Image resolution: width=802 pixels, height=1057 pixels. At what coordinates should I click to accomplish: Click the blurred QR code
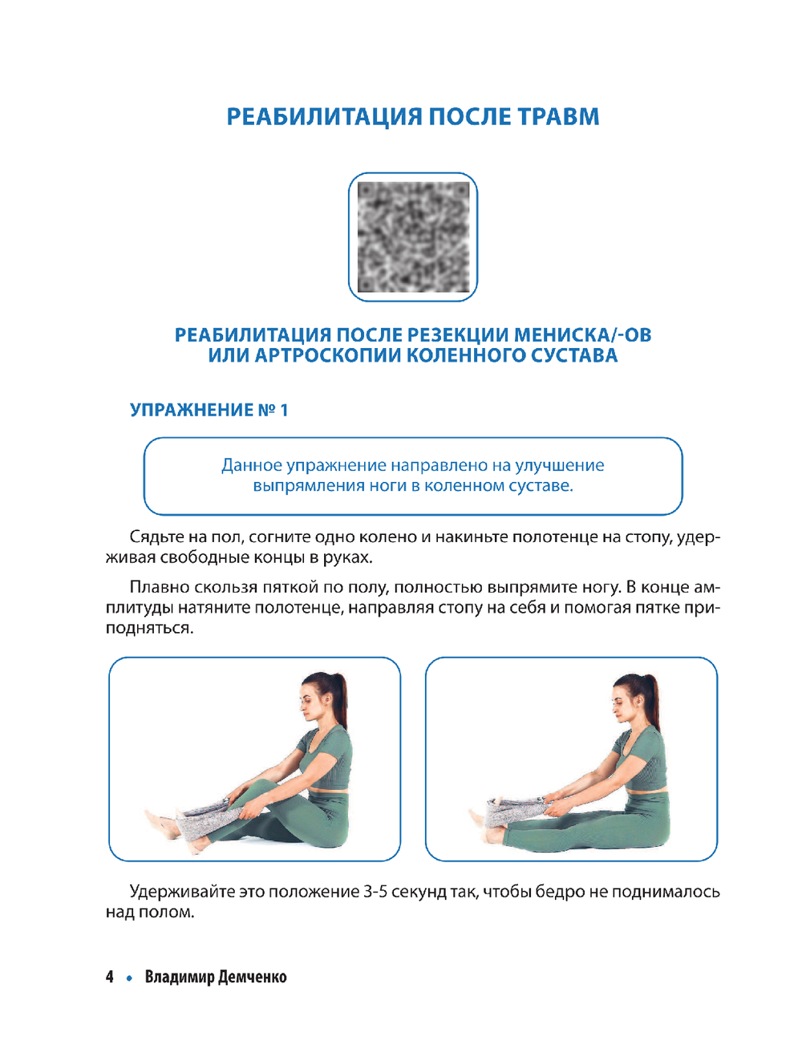413,237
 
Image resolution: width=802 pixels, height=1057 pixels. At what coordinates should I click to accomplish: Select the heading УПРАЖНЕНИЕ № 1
209,410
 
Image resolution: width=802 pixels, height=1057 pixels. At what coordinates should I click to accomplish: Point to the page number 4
110,977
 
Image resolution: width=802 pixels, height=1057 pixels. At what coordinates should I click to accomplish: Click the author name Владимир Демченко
216,977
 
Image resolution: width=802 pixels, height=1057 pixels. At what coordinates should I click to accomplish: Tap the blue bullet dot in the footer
129,978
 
